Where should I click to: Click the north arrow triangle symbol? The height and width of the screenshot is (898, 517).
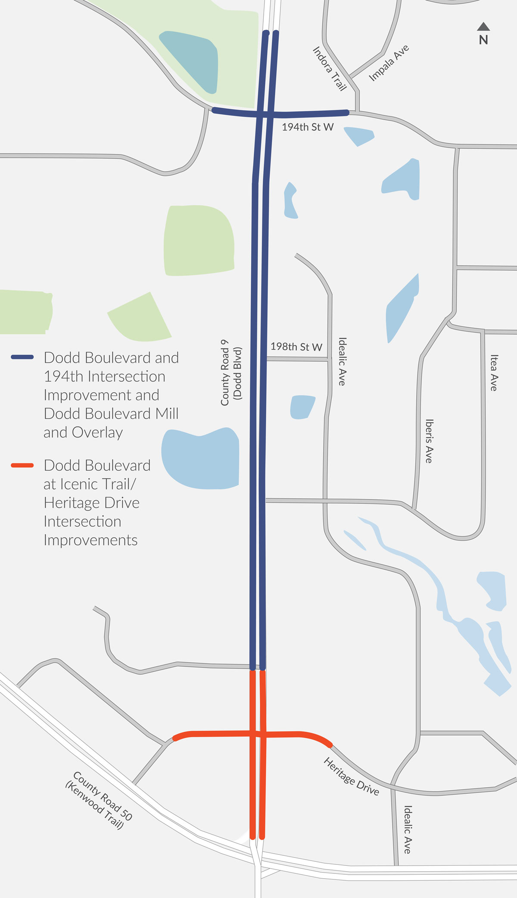[x=483, y=27]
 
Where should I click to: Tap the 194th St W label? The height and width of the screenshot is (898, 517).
[x=308, y=127]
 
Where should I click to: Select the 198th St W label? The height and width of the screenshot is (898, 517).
[x=296, y=347]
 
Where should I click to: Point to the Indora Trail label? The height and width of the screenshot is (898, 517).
[x=330, y=69]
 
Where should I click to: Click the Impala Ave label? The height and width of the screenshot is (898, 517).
[x=389, y=63]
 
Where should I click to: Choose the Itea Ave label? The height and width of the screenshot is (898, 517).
[x=494, y=372]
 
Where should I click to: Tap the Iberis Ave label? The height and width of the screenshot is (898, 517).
[x=429, y=441]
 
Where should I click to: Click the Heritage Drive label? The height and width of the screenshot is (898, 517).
[x=351, y=776]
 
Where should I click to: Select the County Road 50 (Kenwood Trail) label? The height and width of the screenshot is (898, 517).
[x=99, y=800]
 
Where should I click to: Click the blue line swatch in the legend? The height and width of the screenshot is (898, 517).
[x=22, y=357]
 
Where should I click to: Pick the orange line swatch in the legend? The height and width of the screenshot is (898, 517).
[x=22, y=465]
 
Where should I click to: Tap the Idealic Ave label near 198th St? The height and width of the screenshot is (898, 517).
[x=342, y=361]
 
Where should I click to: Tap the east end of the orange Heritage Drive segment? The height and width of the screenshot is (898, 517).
[x=330, y=745]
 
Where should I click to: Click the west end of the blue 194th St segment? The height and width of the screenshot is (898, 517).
[x=214, y=110]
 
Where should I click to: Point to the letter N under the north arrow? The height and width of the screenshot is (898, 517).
[x=483, y=40]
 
